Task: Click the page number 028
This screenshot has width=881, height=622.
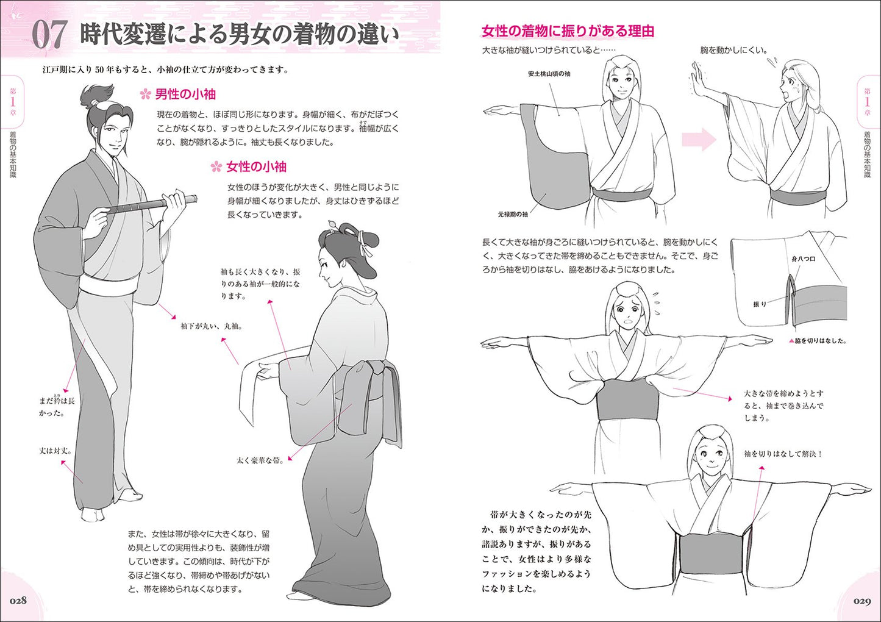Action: [x=18, y=601]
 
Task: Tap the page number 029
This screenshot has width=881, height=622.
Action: [x=863, y=601]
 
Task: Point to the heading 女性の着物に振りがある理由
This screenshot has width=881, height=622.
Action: [x=568, y=31]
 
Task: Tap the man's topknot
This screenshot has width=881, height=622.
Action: [x=96, y=96]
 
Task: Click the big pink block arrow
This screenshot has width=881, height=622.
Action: [x=699, y=139]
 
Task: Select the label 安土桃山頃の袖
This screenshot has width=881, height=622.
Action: [x=549, y=74]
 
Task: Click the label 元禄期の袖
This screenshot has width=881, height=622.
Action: [x=513, y=215]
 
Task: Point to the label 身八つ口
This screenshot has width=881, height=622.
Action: [x=803, y=259]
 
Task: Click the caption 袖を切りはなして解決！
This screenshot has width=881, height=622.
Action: [x=783, y=454]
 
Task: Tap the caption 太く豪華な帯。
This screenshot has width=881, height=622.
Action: [x=260, y=460]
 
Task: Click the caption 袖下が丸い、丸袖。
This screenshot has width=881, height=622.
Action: [x=212, y=326]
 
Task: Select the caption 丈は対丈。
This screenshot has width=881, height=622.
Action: [x=55, y=451]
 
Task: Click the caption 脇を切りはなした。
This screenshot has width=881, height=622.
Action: [x=820, y=341]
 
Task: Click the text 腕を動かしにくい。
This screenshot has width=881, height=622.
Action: [x=733, y=50]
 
